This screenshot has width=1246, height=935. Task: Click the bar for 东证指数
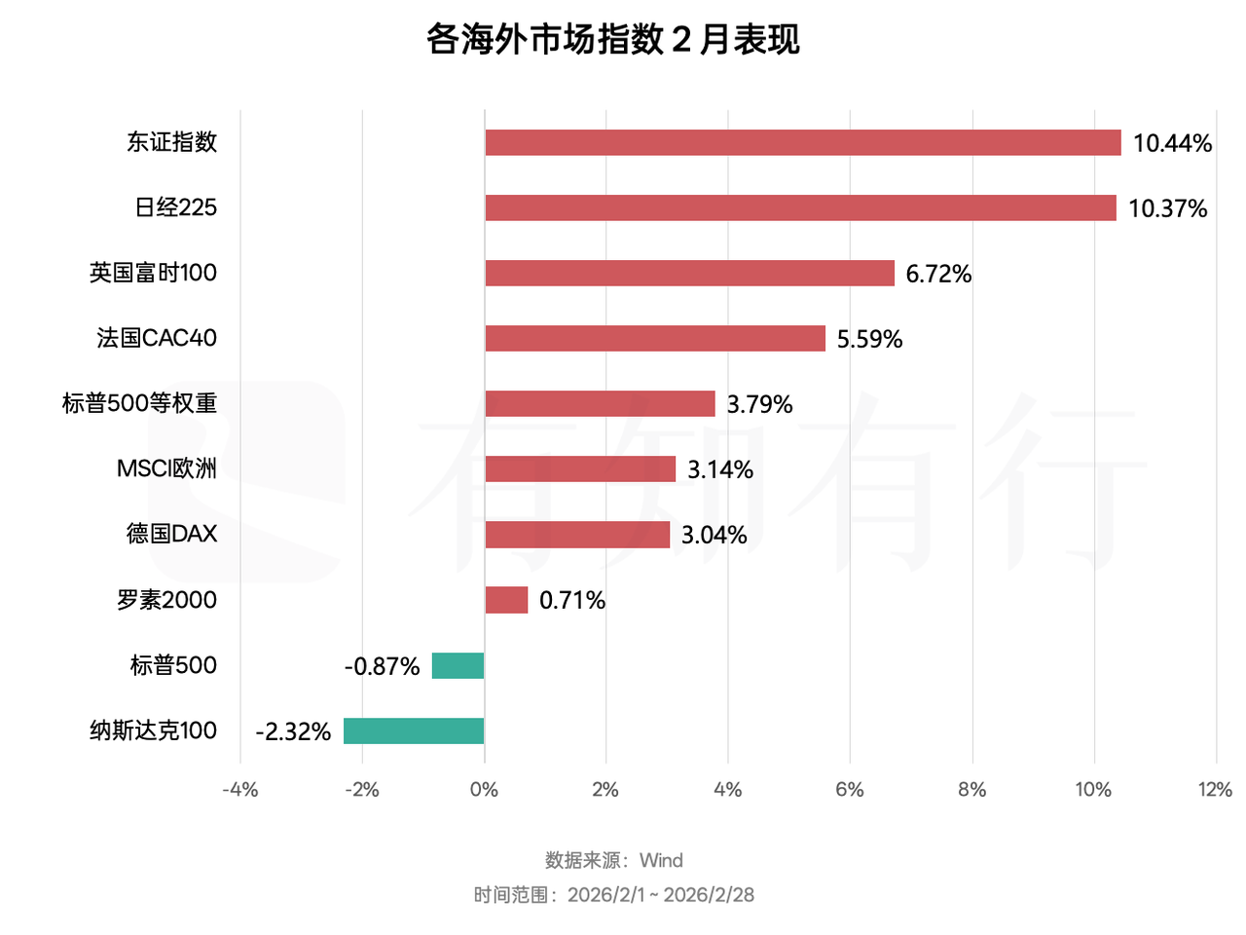(x=803, y=142)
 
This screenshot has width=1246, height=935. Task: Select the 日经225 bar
(x=800, y=207)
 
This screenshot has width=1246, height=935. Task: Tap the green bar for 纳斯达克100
(x=414, y=730)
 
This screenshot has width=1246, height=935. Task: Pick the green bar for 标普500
(x=458, y=665)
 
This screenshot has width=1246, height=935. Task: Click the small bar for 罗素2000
(x=506, y=600)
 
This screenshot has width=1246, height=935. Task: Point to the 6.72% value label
(x=938, y=274)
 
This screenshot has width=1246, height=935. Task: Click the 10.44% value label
(x=1172, y=143)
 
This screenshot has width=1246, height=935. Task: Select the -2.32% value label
(x=293, y=731)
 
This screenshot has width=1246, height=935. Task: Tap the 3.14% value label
(x=720, y=469)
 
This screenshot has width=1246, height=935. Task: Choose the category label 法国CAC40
(x=157, y=338)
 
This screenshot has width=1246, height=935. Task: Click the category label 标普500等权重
(x=139, y=403)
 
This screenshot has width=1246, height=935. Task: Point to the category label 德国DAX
(x=171, y=534)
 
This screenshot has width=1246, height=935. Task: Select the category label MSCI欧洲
(x=166, y=468)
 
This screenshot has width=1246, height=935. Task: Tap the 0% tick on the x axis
(x=484, y=789)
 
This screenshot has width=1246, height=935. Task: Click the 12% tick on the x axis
(x=1215, y=789)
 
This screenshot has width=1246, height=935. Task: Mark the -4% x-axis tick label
(x=239, y=789)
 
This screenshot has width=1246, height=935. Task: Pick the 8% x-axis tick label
(x=971, y=789)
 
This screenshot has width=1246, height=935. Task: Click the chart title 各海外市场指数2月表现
(x=613, y=40)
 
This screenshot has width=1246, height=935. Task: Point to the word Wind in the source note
(x=661, y=860)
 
